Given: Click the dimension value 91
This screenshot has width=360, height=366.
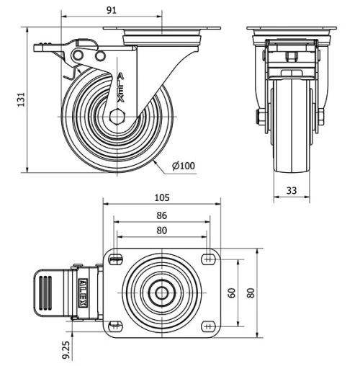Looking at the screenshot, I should [112, 10].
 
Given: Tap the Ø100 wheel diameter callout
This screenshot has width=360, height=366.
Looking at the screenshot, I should [183, 166].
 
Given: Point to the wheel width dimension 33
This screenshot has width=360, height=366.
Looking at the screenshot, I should [292, 190].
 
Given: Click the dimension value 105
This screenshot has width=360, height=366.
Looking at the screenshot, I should [162, 198].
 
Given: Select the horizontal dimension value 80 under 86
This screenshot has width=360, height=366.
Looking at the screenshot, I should [162, 231].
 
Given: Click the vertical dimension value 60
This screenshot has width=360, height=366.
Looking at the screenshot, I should [232, 292].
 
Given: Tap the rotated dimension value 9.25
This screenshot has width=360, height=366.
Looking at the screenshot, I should [66, 348].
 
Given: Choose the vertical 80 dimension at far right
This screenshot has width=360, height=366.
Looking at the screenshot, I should [251, 292].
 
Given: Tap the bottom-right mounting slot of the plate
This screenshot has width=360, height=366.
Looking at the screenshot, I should [208, 325].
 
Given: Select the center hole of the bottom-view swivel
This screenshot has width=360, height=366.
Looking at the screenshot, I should [162, 292].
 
